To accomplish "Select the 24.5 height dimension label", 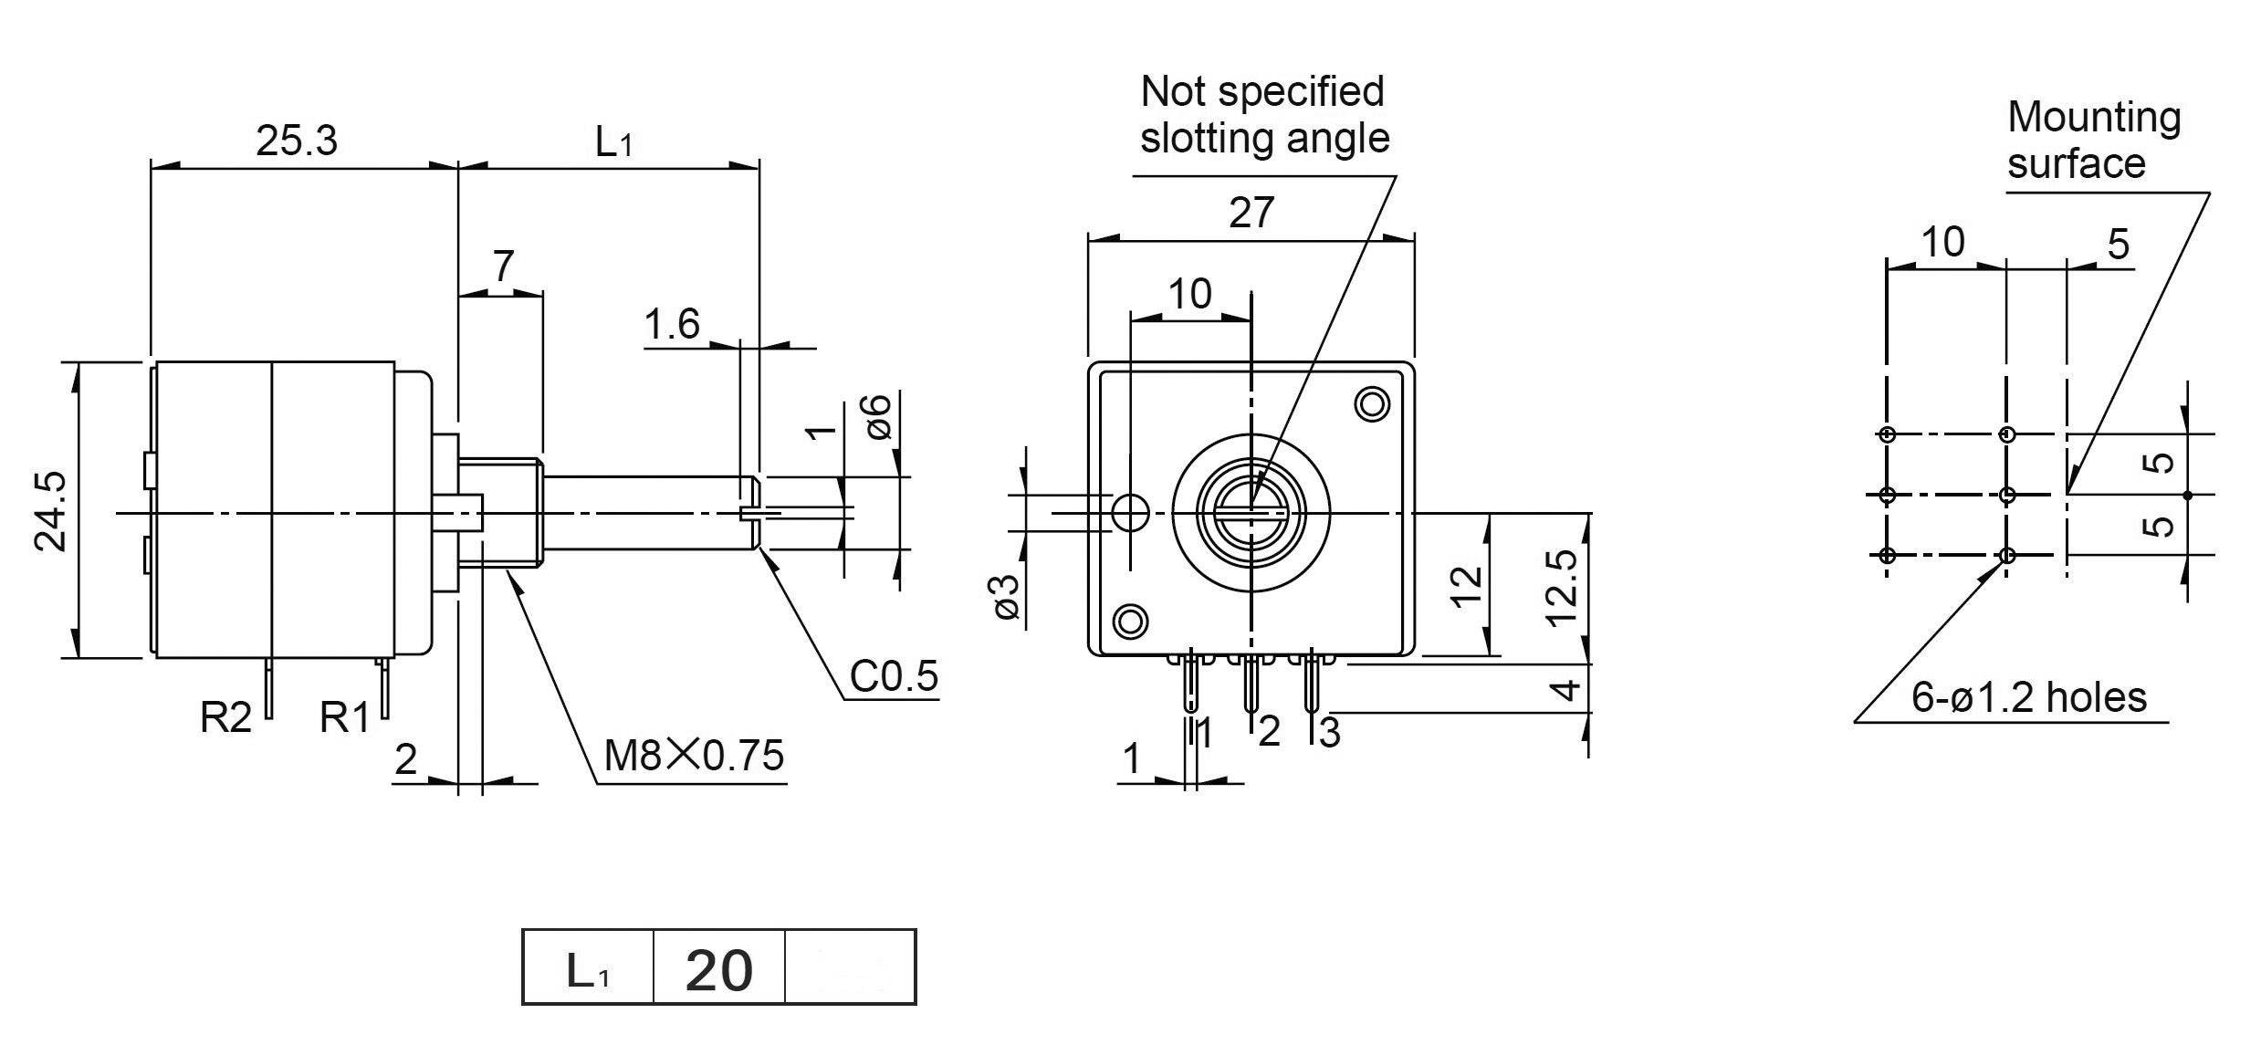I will pyautogui.click(x=51, y=511).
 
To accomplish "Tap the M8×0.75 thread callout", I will pyautogui.click(x=694, y=756).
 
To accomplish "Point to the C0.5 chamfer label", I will pyautogui.click(x=894, y=676).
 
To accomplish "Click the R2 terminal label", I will pyautogui.click(x=225, y=718).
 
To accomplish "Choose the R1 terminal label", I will pyautogui.click(x=345, y=718).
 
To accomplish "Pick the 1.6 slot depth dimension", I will pyautogui.click(x=672, y=325).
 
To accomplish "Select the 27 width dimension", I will pyautogui.click(x=1251, y=213).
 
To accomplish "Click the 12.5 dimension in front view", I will pyautogui.click(x=1563, y=585).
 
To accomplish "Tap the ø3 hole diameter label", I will pyautogui.click(x=1006, y=598).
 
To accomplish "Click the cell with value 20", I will pyautogui.click(x=719, y=970).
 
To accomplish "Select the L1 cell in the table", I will pyautogui.click(x=588, y=970).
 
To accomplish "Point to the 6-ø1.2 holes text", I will pyautogui.click(x=2029, y=698).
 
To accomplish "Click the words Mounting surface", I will pyautogui.click(x=2093, y=140).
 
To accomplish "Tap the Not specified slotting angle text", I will pyautogui.click(x=1264, y=115).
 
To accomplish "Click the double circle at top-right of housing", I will pyautogui.click(x=1372, y=403).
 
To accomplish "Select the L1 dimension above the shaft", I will pyautogui.click(x=613, y=142).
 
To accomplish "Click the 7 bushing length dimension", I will pyautogui.click(x=503, y=266).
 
